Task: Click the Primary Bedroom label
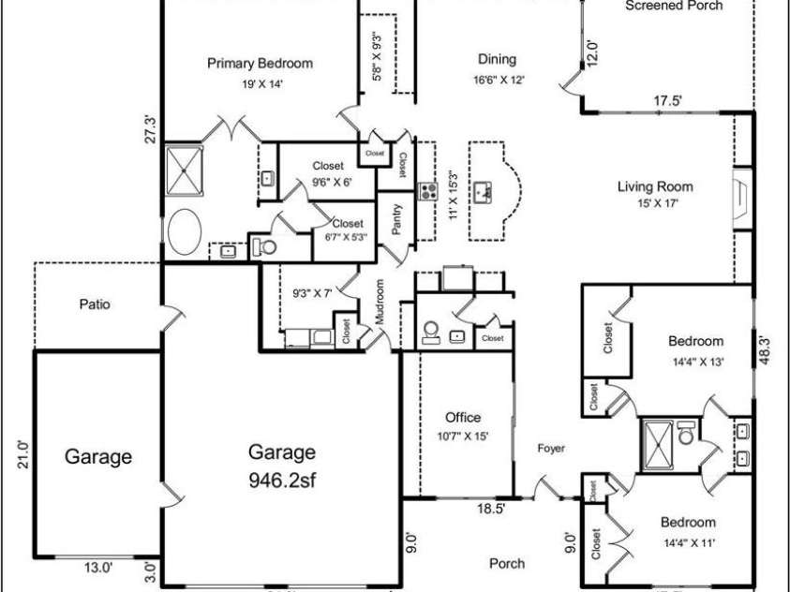click(260, 64)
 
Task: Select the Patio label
click(95, 304)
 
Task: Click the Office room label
click(462, 418)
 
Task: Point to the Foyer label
click(551, 449)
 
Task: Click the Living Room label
click(655, 186)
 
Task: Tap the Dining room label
click(497, 58)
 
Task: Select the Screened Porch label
click(674, 6)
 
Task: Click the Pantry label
click(396, 221)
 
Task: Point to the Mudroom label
click(380, 302)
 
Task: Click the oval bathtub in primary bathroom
click(186, 231)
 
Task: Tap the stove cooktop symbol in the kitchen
click(428, 191)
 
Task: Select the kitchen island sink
click(484, 193)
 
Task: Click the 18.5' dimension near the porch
click(492, 511)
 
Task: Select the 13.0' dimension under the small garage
click(97, 567)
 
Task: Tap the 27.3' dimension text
click(149, 128)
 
